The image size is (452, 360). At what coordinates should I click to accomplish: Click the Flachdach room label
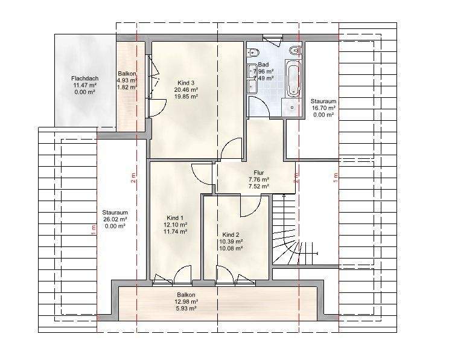(x=84, y=79)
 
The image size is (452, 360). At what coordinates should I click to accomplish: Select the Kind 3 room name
(x=186, y=82)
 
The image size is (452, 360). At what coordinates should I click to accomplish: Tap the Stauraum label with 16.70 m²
(x=323, y=101)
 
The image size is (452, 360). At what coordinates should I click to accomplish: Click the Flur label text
(x=259, y=172)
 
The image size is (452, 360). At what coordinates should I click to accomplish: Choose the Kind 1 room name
(x=175, y=217)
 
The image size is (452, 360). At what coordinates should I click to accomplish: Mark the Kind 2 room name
(x=231, y=234)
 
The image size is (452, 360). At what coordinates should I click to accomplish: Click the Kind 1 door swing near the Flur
(x=202, y=173)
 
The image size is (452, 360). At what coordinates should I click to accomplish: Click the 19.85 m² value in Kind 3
(x=186, y=95)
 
